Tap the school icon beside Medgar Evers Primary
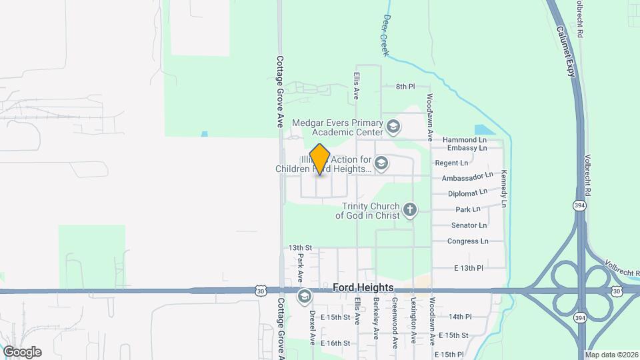(393, 125)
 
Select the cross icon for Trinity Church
(410, 211)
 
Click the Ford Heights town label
(363, 287)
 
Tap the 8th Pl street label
(405, 87)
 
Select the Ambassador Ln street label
(467, 177)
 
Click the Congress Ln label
(467, 241)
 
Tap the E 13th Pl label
(467, 267)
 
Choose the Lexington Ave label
(413, 322)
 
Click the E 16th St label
(335, 343)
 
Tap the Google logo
(22, 351)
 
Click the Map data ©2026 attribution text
(611, 355)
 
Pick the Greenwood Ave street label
(395, 322)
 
